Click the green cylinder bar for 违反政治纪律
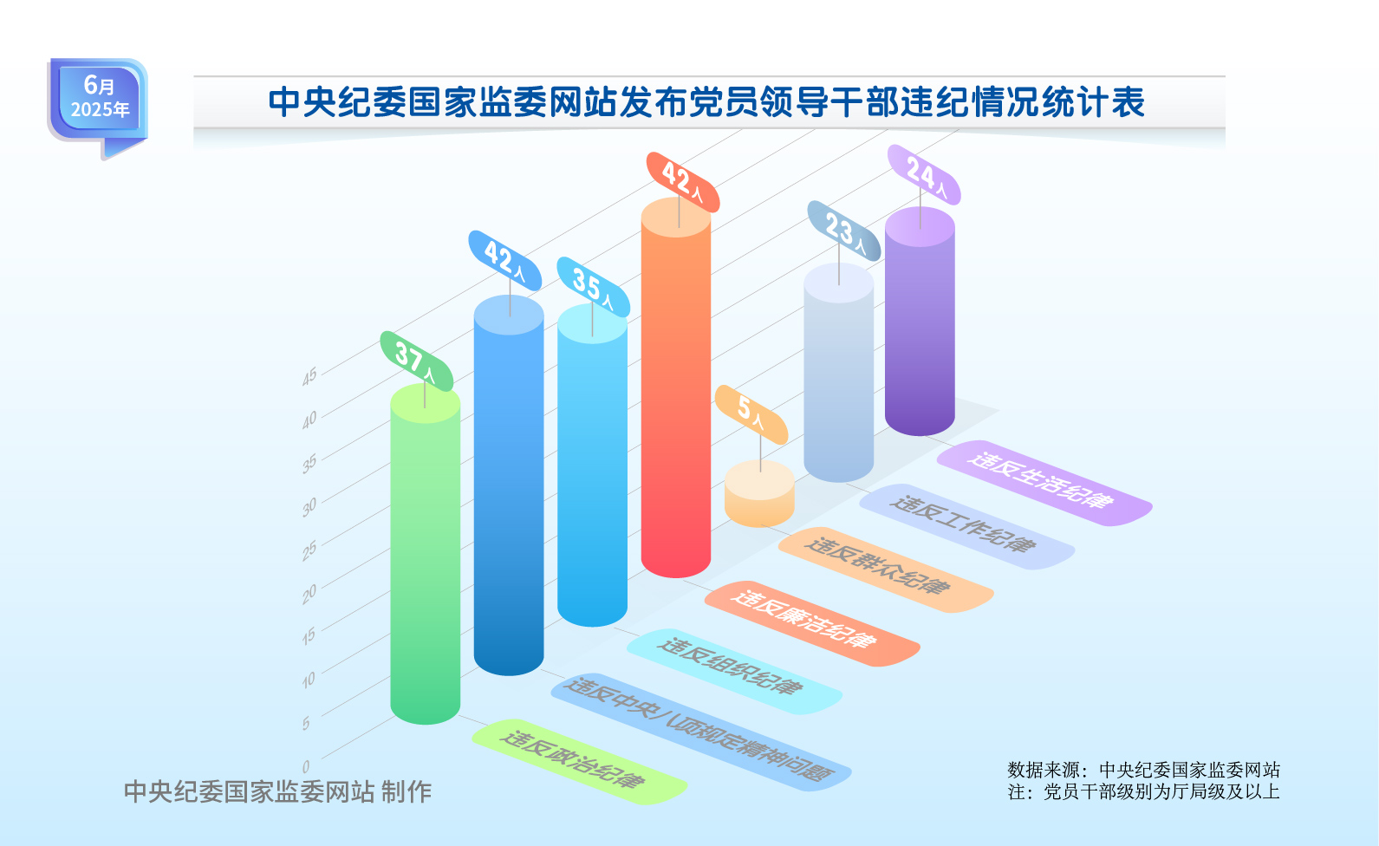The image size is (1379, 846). pyautogui.click(x=426, y=554)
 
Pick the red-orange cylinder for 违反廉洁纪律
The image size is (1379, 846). pyautogui.click(x=676, y=388)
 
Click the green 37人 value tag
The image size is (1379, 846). pyautogui.click(x=416, y=361)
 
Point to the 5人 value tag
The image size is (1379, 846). pyautogui.click(x=751, y=414)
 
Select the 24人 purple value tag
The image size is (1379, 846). pyautogui.click(x=923, y=175)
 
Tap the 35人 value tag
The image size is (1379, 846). pyautogui.click(x=593, y=287)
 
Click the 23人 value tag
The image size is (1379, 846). pyautogui.click(x=843, y=231)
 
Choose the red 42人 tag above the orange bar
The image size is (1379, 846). pyautogui.click(x=683, y=182)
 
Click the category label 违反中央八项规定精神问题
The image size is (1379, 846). pyautogui.click(x=700, y=732)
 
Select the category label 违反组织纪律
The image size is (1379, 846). pyautogui.click(x=734, y=672)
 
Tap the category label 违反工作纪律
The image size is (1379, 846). pyautogui.click(x=967, y=526)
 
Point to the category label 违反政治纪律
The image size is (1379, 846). pyautogui.click(x=579, y=762)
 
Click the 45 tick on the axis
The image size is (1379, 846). pyautogui.click(x=309, y=376)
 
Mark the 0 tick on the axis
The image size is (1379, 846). pyautogui.click(x=306, y=766)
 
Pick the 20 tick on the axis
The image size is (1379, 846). pyautogui.click(x=309, y=594)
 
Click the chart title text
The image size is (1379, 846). pyautogui.click(x=706, y=102)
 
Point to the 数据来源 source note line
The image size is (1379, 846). pyautogui.click(x=1143, y=770)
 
